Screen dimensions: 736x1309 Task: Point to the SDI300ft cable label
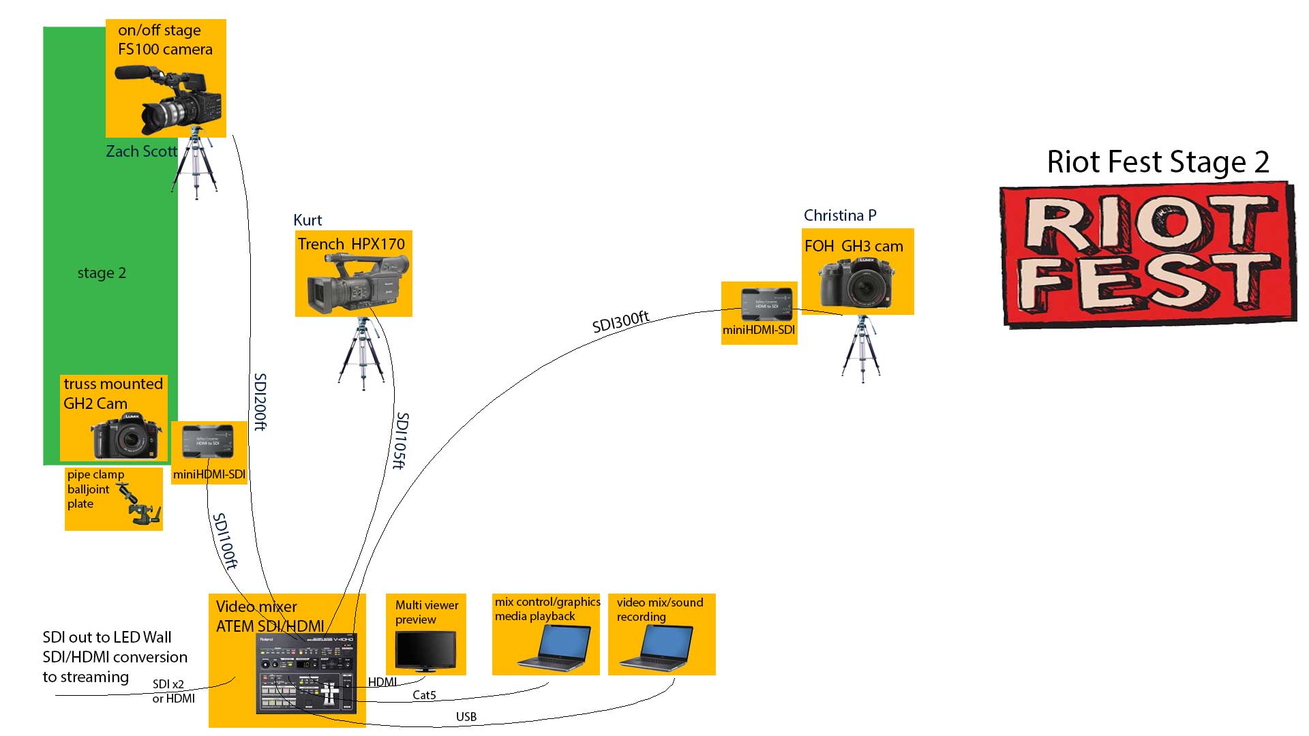point(620,322)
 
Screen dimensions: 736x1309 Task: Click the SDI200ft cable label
point(260,401)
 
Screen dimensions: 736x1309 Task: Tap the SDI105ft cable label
point(401,440)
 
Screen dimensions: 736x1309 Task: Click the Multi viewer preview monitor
point(425,650)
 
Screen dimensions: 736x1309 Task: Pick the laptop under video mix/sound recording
point(657,647)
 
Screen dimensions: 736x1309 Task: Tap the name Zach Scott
point(141,151)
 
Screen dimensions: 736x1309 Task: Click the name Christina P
point(840,215)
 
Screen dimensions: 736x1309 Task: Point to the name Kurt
point(307,220)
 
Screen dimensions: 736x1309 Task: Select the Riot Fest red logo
point(1147,254)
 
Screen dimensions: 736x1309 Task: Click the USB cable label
point(466,717)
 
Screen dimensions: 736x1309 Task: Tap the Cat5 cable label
point(424,695)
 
